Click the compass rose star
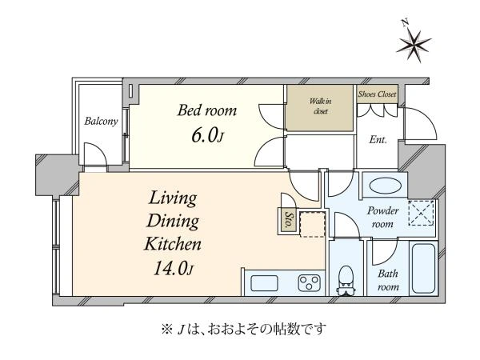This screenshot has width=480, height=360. pos(414,46)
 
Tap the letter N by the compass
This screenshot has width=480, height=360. pos(406,22)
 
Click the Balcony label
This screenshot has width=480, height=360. pos(101,122)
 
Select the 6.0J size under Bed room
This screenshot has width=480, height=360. pos(207,135)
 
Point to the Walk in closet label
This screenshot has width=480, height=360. pos(321,106)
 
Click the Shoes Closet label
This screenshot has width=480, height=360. pos(377,94)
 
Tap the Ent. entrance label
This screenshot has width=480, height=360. pos(378,140)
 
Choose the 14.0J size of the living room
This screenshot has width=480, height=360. pos(174,269)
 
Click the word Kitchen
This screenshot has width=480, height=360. pos(173,244)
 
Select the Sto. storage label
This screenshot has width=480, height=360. pos(288,219)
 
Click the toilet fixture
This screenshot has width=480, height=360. pos(346,281)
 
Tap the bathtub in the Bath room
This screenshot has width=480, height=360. pos(424,269)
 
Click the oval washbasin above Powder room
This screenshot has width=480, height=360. pos(385,186)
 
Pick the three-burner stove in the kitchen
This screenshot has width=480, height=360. pos(309,283)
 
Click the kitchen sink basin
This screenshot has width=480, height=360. pos(264,283)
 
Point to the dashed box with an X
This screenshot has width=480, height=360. pos(422,213)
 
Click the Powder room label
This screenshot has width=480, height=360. pos(382,218)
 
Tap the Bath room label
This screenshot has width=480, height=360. pos(388,280)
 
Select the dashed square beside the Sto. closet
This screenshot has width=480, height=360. pos(312,224)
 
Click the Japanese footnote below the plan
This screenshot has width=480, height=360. pos(244,329)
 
